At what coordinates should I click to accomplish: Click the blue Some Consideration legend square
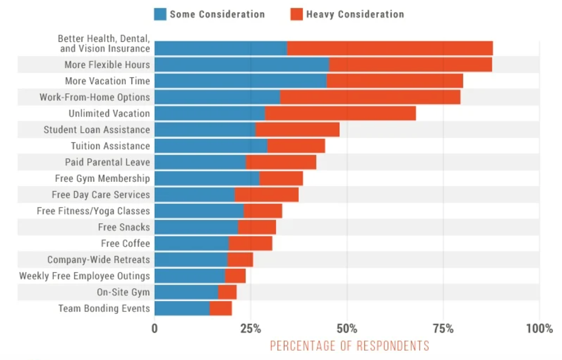pyautogui.click(x=160, y=14)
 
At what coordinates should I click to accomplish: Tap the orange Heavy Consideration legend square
pyautogui.click(x=296, y=14)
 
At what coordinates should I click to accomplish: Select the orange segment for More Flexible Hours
pyautogui.click(x=410, y=65)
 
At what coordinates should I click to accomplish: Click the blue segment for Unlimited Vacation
pyautogui.click(x=210, y=113)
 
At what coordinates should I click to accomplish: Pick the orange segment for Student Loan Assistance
pyautogui.click(x=297, y=130)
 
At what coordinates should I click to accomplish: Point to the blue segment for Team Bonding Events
pyautogui.click(x=182, y=308)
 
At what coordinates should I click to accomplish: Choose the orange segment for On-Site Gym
pyautogui.click(x=227, y=292)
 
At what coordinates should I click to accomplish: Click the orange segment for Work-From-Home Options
pyautogui.click(x=370, y=97)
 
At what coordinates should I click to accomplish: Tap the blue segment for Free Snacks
pyautogui.click(x=196, y=227)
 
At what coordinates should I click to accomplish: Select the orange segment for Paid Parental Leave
pyautogui.click(x=281, y=162)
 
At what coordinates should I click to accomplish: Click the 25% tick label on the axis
pyautogui.click(x=250, y=329)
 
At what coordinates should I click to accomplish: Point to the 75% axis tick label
pyautogui.click(x=443, y=329)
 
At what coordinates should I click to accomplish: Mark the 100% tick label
pyautogui.click(x=539, y=329)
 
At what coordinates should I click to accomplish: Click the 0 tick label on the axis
pyautogui.click(x=155, y=329)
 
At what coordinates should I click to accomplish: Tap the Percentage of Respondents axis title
pyautogui.click(x=349, y=346)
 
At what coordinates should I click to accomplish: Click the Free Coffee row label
pyautogui.click(x=125, y=243)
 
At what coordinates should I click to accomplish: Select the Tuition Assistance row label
pyautogui.click(x=110, y=146)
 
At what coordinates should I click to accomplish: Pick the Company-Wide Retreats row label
pyautogui.click(x=99, y=260)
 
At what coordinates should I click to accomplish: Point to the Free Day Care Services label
pyautogui.click(x=101, y=195)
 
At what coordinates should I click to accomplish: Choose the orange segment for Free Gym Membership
pyautogui.click(x=281, y=178)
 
